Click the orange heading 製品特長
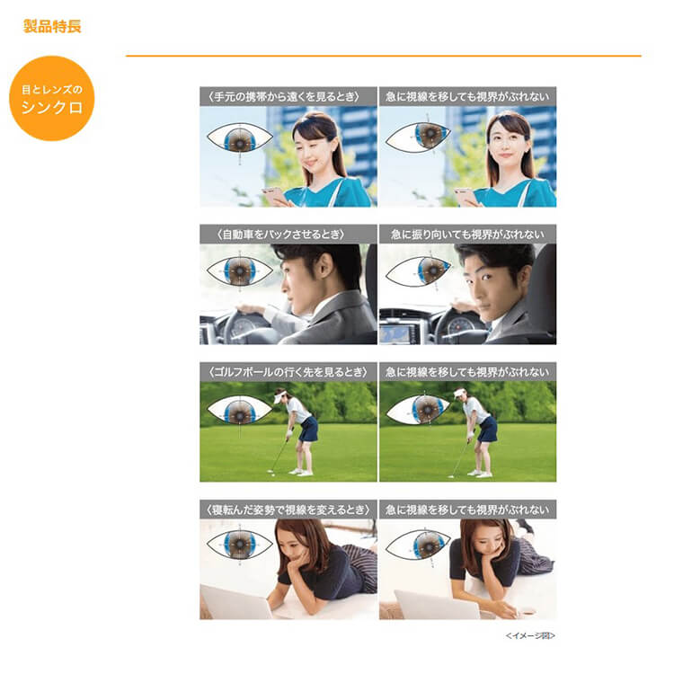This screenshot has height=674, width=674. (52, 26)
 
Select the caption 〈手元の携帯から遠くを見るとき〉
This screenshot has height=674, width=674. (288, 95)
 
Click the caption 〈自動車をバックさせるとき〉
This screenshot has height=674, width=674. (288, 234)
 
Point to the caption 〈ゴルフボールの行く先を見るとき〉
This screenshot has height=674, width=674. (288, 371)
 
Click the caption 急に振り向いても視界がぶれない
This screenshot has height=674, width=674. (467, 234)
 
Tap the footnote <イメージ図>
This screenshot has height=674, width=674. (530, 635)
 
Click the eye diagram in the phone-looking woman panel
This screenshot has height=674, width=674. (239, 137)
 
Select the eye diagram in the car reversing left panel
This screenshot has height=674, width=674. (239, 270)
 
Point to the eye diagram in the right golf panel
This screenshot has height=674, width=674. (419, 410)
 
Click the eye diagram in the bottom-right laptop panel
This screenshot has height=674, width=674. (419, 545)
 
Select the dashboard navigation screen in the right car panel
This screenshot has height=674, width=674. (397, 334)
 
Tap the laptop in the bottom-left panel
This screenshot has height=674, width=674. (235, 602)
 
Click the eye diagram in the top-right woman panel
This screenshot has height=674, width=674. (419, 137)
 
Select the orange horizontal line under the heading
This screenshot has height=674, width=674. (383, 56)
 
